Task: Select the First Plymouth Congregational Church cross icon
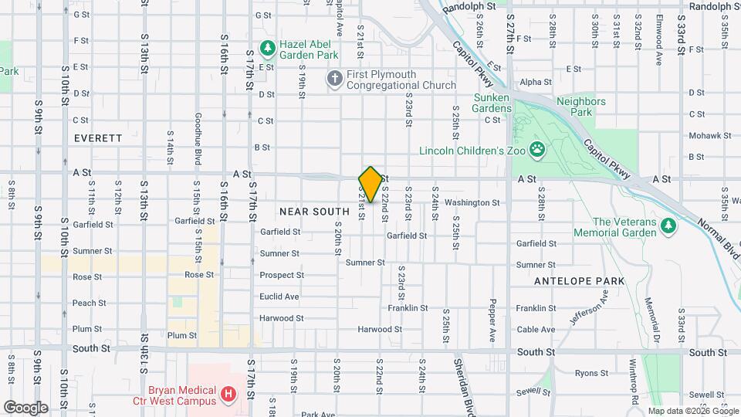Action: pyautogui.click(x=334, y=78)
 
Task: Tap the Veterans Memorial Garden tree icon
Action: pyautogui.click(x=669, y=226)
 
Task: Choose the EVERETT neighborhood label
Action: pyautogui.click(x=98, y=138)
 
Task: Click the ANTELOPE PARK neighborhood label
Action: pyautogui.click(x=579, y=281)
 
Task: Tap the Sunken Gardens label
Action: pyautogui.click(x=492, y=103)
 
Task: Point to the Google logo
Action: pyautogui.click(x=25, y=408)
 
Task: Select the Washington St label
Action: pyautogui.click(x=472, y=203)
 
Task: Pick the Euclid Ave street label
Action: pyautogui.click(x=279, y=297)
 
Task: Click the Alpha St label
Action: pyautogui.click(x=536, y=82)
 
